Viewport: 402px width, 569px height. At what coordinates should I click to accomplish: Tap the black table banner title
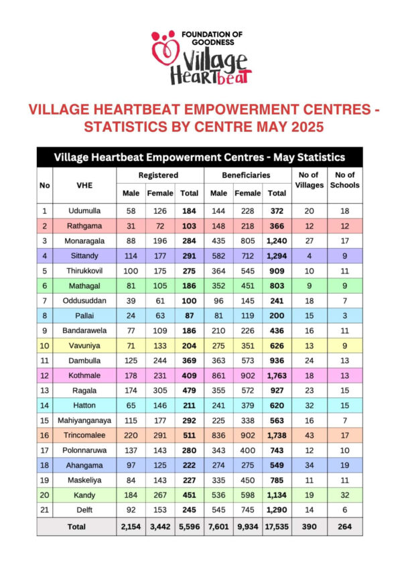click(199, 157)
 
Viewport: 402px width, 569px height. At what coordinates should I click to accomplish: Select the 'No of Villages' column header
click(308, 180)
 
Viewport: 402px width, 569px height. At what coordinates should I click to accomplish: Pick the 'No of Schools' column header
click(345, 180)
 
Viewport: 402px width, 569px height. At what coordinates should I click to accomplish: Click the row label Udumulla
click(84, 210)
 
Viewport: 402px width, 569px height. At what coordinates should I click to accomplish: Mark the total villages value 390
click(308, 527)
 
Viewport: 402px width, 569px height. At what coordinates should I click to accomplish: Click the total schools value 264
click(345, 527)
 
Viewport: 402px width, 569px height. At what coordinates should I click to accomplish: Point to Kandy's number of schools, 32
click(345, 495)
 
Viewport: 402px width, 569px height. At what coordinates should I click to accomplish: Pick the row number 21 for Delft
click(44, 511)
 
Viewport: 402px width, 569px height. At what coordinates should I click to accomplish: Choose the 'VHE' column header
click(84, 184)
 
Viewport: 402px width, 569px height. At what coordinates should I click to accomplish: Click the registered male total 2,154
click(131, 527)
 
